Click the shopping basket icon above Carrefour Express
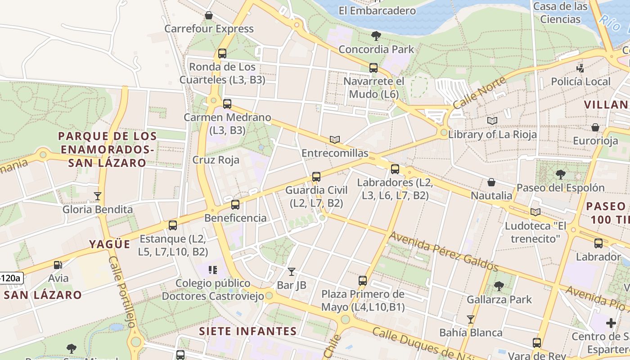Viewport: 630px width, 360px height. pos(209,16)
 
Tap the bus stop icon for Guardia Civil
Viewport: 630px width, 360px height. pos(316,177)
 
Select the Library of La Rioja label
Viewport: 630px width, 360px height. pos(492,134)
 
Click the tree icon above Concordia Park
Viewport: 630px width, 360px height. pos(376,36)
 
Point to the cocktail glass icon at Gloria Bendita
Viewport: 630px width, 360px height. pos(97,196)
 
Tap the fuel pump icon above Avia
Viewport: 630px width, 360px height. pos(58,265)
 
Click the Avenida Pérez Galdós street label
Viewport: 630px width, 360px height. pos(444,252)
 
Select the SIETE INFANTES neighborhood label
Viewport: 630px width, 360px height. pos(248,332)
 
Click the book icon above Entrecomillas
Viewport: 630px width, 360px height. pos(334,139)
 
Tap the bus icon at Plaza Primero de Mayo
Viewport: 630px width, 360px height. pos(363,281)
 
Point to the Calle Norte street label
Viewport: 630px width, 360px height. pos(479,93)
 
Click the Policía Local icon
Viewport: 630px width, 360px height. pos(580,68)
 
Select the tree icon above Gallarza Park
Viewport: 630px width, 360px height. pos(499,286)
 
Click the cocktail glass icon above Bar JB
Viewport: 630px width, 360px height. pos(292,271)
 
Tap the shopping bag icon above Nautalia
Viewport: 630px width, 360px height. pos(491,182)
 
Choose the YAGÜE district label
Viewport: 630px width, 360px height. pos(109,244)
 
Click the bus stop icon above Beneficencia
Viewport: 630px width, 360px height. pos(235,205)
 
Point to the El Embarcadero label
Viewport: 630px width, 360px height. pos(377,11)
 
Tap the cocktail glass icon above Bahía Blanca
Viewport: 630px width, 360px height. pos(471,319)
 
